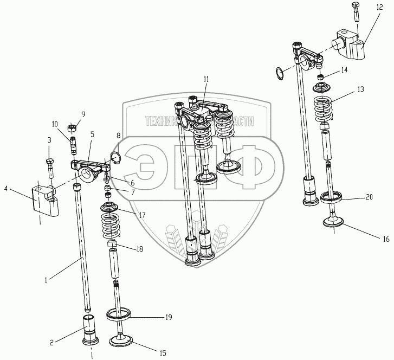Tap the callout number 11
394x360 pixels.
206,79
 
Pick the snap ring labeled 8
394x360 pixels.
115,157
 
